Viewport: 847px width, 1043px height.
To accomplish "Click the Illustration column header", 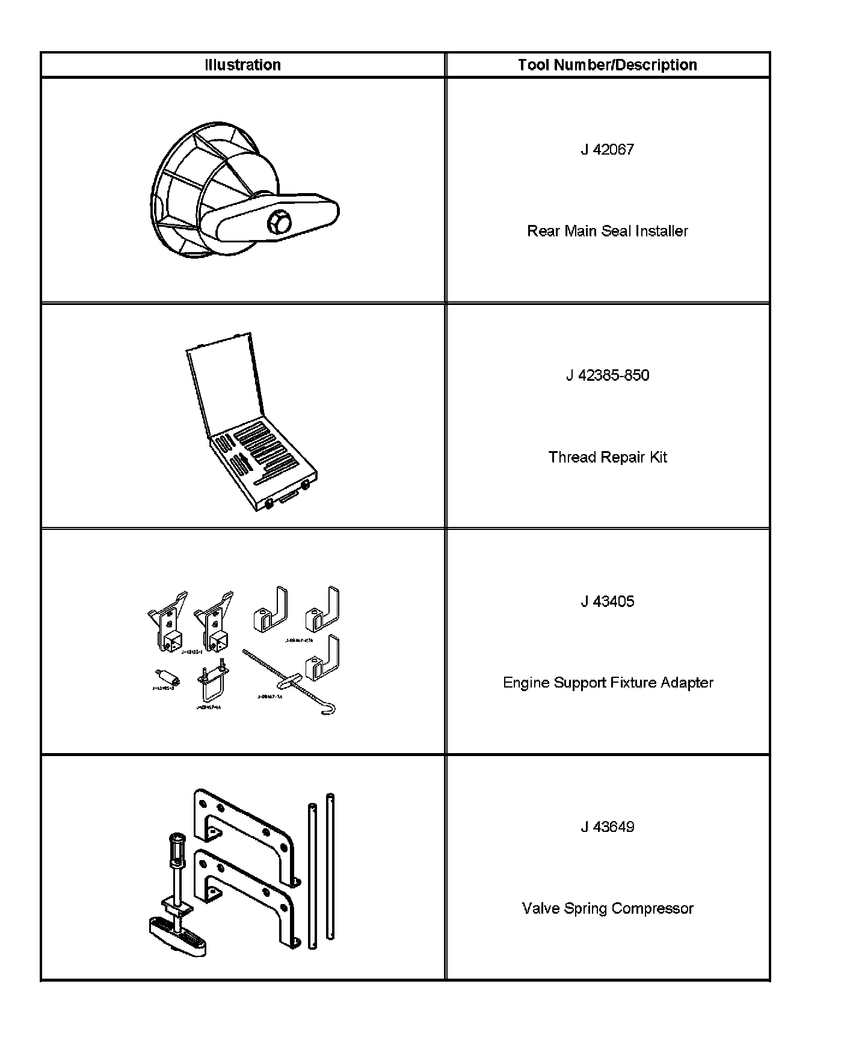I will [x=242, y=65].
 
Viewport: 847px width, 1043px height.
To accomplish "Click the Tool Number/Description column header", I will [x=607, y=65].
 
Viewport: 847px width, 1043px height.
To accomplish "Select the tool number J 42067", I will [x=607, y=150].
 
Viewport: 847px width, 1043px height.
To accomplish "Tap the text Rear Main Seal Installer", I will [x=607, y=231].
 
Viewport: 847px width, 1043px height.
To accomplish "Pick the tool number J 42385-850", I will [x=607, y=376].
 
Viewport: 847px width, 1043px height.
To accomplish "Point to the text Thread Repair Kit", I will [x=607, y=457].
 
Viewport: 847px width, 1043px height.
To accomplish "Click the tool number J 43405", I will [x=607, y=601].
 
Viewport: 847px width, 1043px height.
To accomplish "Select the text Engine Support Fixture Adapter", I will [x=608, y=683].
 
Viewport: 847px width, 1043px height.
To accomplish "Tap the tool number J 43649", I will [x=607, y=827].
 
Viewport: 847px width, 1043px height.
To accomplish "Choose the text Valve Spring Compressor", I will [x=607, y=908].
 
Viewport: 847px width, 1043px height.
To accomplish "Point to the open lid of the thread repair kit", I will [x=226, y=385].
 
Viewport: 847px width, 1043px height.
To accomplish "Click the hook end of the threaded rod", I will [x=328, y=710].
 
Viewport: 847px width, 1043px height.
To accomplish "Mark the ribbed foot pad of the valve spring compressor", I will [x=178, y=936].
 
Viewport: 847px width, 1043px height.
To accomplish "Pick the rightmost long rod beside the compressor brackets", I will [x=330, y=866].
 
